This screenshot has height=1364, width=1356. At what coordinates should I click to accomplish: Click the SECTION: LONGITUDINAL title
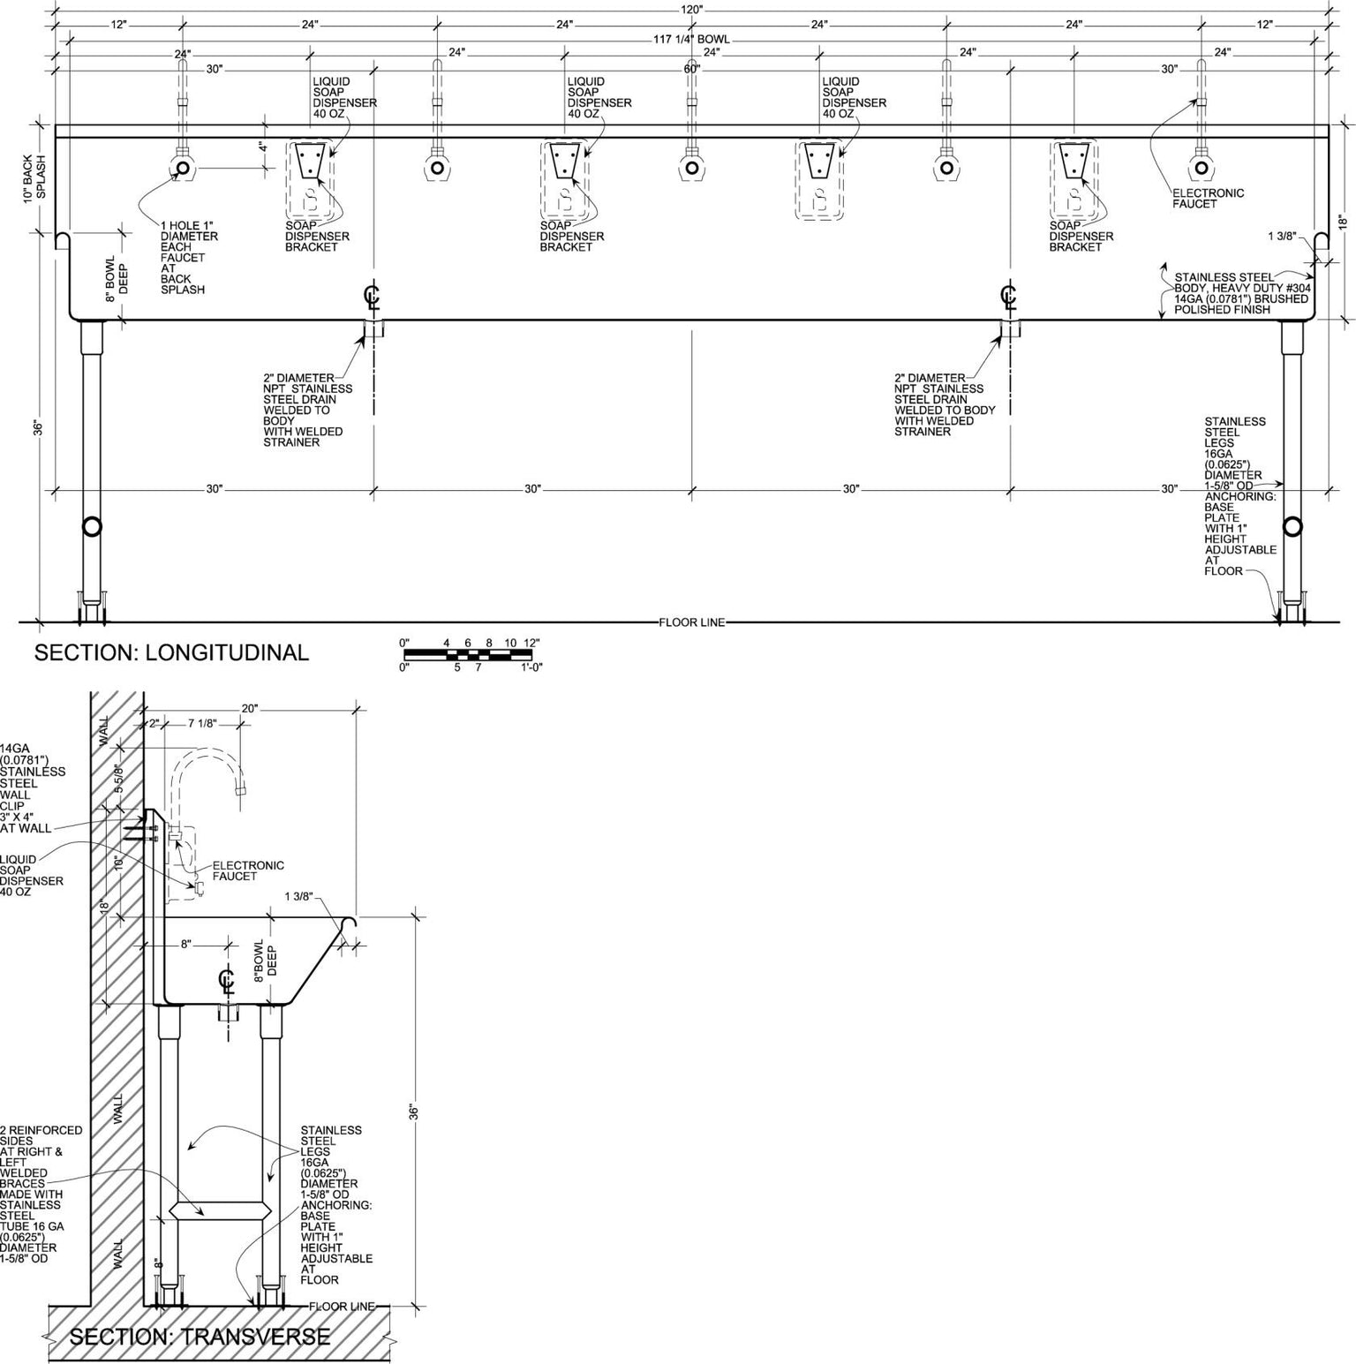tap(171, 652)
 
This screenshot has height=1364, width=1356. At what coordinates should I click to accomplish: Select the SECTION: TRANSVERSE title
tap(200, 1337)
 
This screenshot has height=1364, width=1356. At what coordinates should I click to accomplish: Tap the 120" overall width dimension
tap(691, 9)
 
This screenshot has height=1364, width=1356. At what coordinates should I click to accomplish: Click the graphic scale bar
tap(468, 655)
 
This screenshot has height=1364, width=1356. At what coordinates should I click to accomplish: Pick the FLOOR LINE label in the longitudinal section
tap(692, 622)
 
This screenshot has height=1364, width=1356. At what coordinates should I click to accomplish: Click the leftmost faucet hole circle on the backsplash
tap(182, 168)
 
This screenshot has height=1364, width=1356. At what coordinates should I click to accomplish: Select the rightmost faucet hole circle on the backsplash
tap(1201, 168)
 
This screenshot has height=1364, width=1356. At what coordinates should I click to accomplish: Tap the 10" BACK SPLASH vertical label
tap(33, 179)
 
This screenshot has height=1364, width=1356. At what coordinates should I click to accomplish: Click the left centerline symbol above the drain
tap(373, 296)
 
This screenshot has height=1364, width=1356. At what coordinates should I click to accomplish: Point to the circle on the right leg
tap(1292, 527)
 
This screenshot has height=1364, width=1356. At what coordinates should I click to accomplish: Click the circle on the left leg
tap(91, 527)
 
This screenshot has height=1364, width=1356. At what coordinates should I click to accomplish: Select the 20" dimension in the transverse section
tap(250, 709)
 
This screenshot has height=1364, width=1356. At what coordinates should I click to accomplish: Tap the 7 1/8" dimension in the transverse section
tap(202, 724)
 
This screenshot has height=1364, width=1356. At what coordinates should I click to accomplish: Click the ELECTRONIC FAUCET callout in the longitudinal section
tap(1208, 199)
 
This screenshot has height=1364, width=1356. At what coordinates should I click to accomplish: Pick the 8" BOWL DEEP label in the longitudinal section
tap(117, 280)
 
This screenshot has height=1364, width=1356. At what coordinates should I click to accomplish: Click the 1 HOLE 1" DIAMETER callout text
tap(189, 258)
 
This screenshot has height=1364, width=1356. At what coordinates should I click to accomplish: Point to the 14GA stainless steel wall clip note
tap(33, 788)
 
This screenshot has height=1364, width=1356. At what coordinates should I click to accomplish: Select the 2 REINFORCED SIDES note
tap(41, 1194)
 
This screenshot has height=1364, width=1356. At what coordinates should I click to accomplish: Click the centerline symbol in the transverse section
tap(227, 982)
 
